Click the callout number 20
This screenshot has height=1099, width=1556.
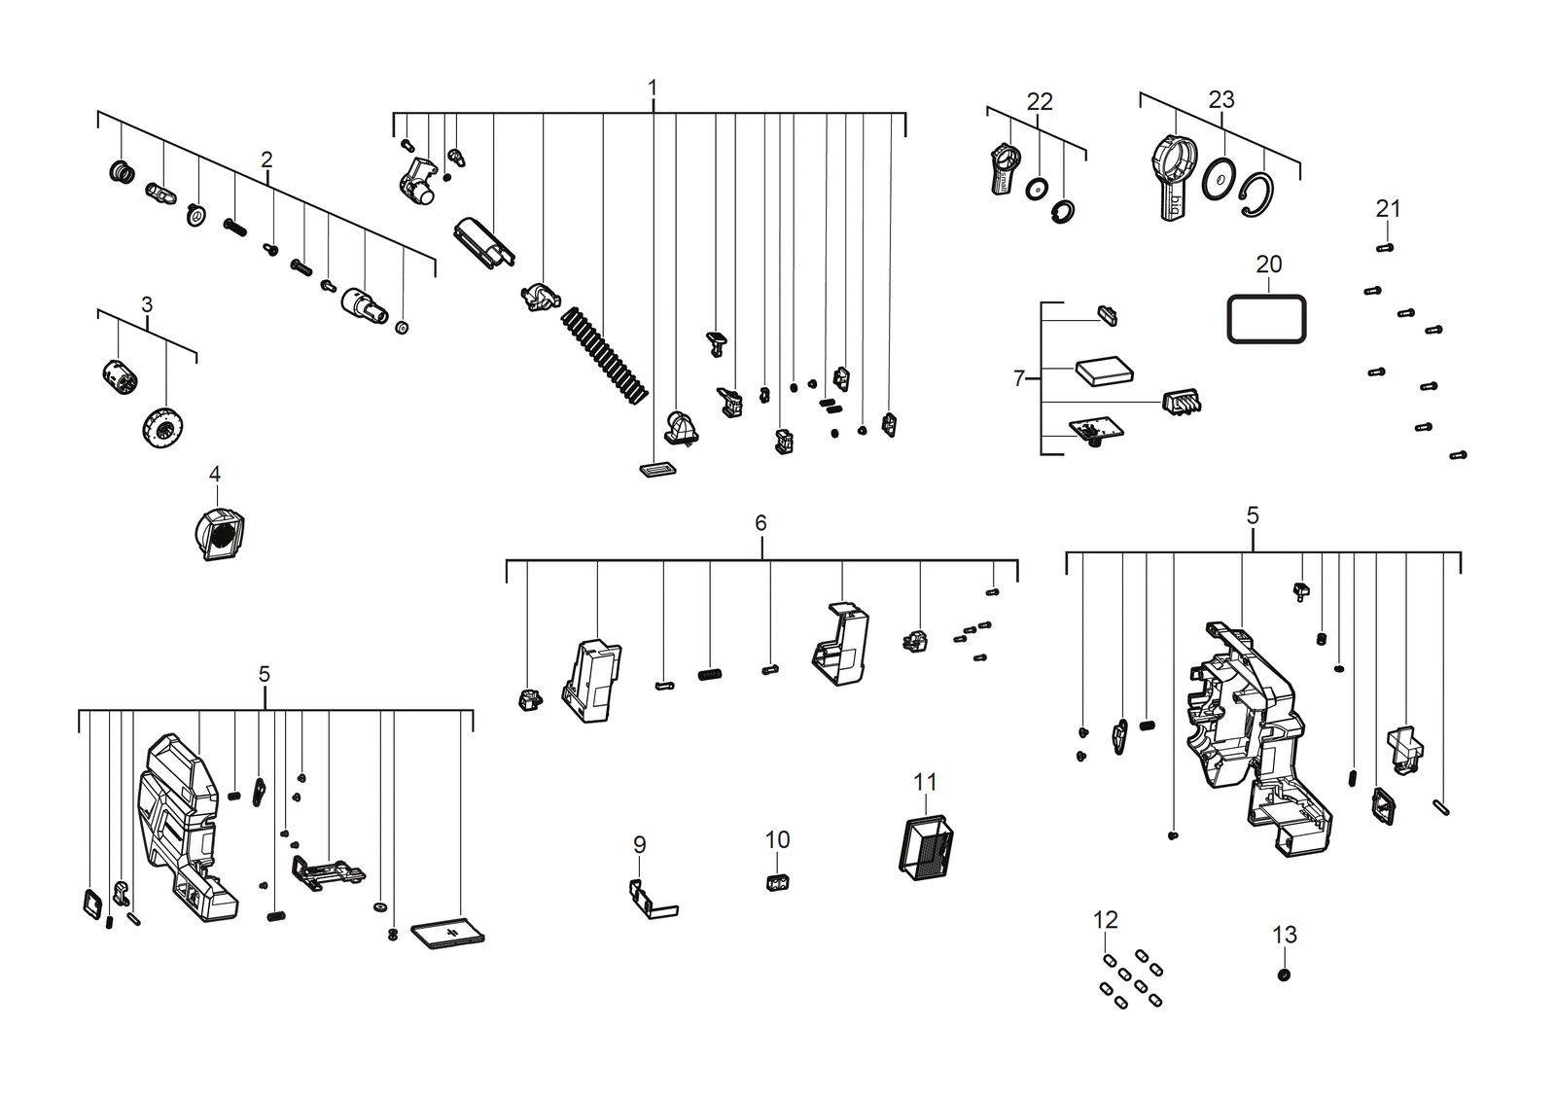(1268, 265)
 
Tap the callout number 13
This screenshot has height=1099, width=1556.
(1285, 935)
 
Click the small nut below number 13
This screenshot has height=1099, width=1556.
(1284, 975)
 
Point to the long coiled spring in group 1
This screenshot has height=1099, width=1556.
(605, 355)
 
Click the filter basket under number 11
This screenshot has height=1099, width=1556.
(926, 843)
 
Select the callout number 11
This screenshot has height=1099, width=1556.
(925, 782)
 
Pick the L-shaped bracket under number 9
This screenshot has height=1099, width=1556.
(653, 900)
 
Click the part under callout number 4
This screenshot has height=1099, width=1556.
(220, 534)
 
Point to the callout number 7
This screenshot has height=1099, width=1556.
(1019, 378)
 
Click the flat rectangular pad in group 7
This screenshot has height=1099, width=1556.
(1104, 371)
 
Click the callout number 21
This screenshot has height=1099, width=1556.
(1388, 208)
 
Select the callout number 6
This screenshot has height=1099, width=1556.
(760, 523)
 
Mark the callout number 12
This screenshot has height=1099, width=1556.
(1105, 920)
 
